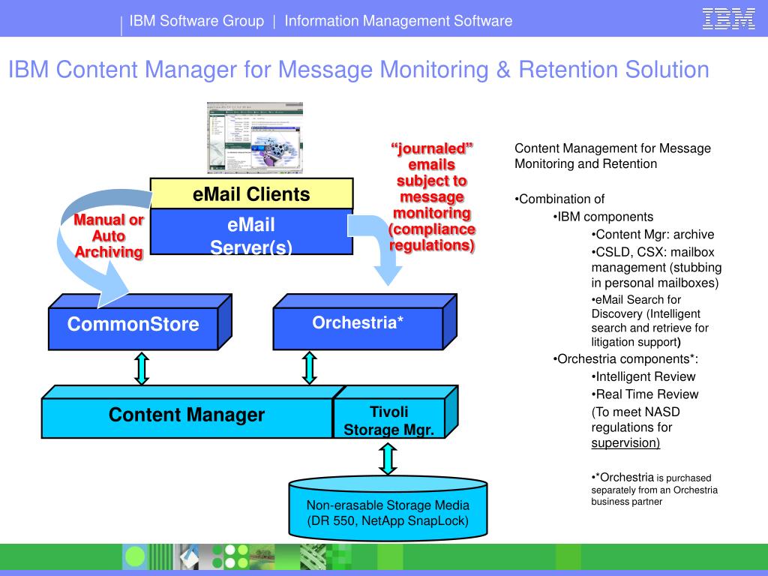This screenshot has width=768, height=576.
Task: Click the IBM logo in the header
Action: point(728,19)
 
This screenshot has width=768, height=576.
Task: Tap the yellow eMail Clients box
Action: point(251,194)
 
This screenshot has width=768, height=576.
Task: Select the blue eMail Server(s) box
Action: point(251,235)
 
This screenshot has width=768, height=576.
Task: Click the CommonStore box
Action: point(133,324)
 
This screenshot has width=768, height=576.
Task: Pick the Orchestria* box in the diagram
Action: point(358,323)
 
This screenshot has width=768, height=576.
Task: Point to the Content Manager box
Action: point(187,415)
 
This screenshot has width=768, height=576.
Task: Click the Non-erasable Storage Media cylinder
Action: point(387,512)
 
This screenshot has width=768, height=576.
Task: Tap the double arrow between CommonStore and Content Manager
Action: point(141,368)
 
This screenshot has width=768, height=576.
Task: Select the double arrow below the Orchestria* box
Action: point(309,368)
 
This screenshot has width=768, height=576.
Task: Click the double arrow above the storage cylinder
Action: point(387,458)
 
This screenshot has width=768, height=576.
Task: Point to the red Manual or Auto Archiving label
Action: point(109,235)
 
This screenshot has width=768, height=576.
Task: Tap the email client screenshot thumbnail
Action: point(255,138)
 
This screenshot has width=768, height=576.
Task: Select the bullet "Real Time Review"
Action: point(646,394)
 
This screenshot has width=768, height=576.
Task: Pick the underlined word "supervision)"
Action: point(625,442)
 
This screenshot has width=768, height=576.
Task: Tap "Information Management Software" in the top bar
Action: point(398,21)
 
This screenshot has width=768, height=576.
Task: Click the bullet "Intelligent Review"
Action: point(645,376)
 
